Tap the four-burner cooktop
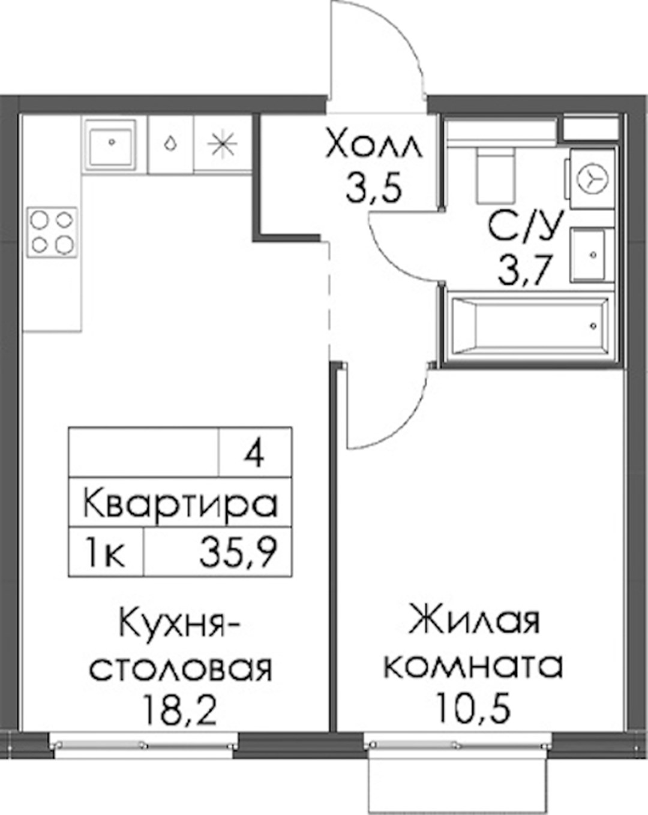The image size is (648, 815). coord(52,233)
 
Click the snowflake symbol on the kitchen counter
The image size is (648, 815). coord(223,143)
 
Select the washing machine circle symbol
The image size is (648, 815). coord(592,178)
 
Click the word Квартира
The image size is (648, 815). coord(181,504)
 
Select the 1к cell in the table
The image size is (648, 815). coord(106,554)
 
